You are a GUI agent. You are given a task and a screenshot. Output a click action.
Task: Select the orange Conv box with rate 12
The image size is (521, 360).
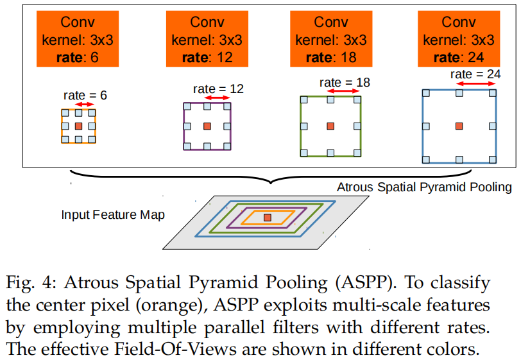pyautogui.click(x=207, y=39)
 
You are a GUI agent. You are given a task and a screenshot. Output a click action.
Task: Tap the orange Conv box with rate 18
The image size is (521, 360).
pyautogui.click(x=331, y=39)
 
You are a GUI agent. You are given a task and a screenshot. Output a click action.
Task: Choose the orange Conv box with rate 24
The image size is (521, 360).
pyautogui.click(x=459, y=39)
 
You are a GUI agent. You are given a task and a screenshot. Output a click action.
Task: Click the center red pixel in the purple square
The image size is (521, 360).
pyautogui.click(x=207, y=126)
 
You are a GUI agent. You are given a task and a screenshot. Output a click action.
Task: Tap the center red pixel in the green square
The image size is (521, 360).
pyautogui.click(x=330, y=126)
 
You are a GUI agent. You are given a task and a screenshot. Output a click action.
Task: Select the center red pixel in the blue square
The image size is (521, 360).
pyautogui.click(x=459, y=126)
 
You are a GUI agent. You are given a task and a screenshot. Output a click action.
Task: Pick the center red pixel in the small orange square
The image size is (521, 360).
pyautogui.click(x=78, y=126)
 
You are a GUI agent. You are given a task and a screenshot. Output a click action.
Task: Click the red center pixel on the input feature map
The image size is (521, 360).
pyautogui.click(x=268, y=218)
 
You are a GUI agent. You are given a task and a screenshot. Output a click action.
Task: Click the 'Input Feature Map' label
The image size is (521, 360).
pyautogui.click(x=113, y=214)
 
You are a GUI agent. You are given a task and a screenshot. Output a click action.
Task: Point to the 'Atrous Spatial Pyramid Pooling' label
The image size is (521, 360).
pyautogui.click(x=424, y=187)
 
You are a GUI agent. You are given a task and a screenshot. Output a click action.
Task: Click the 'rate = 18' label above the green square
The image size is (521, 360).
pyautogui.click(x=345, y=82)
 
